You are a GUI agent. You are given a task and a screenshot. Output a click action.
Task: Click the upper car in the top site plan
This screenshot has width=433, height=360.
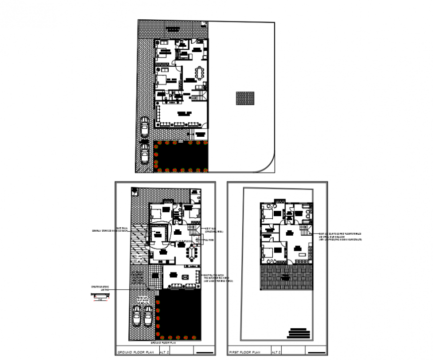point(144,127)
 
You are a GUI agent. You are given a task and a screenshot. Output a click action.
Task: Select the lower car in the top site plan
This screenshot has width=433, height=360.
point(144,154)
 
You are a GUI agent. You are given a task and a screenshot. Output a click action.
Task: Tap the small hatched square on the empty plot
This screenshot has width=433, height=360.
point(245,98)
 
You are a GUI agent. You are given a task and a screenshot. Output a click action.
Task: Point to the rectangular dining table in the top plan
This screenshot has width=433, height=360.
point(201,73)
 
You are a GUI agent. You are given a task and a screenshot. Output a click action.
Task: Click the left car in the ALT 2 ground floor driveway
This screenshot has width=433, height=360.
point(137,315)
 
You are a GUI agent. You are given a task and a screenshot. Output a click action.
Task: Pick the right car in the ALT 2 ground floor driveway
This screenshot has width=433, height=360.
point(148,315)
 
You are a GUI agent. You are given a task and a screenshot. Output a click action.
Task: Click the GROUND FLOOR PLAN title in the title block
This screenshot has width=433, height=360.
point(136,352)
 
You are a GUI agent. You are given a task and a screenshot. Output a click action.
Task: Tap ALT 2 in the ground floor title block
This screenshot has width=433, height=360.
point(165,352)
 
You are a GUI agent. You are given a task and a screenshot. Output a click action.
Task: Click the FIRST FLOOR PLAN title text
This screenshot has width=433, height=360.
point(244,352)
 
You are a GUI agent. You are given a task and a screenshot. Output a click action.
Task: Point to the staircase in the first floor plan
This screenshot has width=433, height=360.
point(305,230)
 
